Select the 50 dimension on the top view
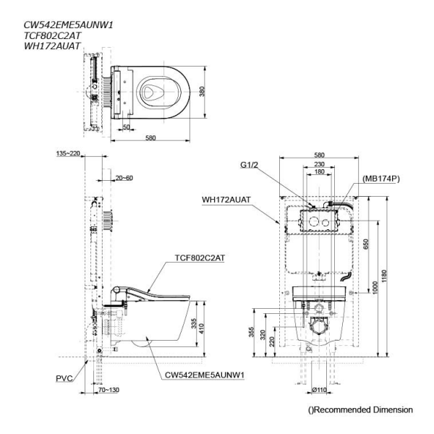tap(126, 127)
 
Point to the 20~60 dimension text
tap(125, 177)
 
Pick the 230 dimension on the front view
tap(319, 164)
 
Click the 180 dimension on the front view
tap(319, 173)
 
